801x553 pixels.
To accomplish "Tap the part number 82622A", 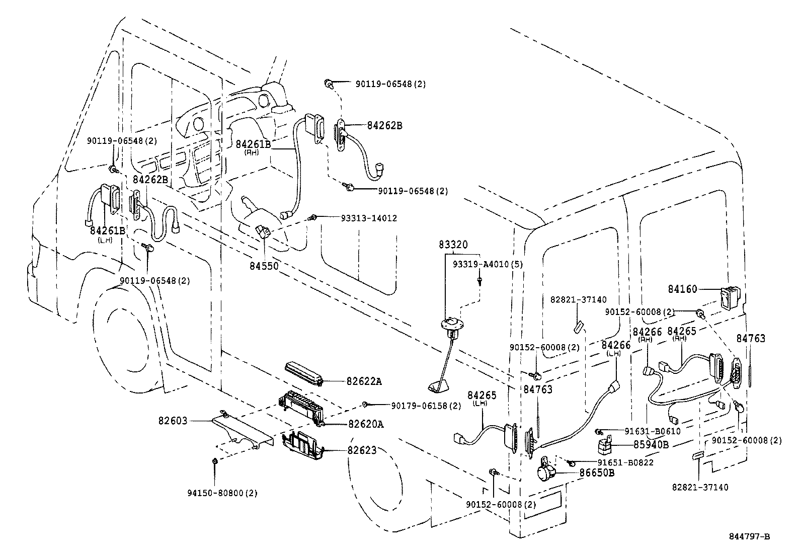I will coord(364,381).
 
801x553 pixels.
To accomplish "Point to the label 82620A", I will coord(365,424).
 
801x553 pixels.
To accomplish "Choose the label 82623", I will coord(361,450).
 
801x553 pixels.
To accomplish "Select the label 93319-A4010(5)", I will coord(481,264).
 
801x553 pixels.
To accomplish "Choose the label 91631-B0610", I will coord(653,431).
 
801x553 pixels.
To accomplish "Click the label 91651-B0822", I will coord(625,462).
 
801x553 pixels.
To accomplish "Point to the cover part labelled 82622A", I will coord(303,373).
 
